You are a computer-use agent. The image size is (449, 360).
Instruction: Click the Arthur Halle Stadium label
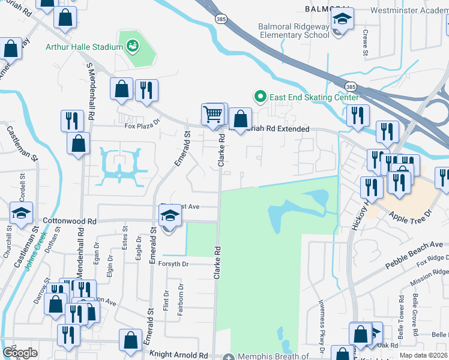[83, 47]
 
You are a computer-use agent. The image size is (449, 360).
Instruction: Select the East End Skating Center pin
[260, 96]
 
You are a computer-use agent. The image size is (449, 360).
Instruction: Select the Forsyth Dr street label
[173, 264]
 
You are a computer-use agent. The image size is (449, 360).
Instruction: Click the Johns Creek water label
[35, 251]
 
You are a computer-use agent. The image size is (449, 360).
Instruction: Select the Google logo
[20, 353]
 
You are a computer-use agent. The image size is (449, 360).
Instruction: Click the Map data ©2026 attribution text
[423, 355]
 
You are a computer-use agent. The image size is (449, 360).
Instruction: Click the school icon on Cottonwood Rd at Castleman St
[22, 213]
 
